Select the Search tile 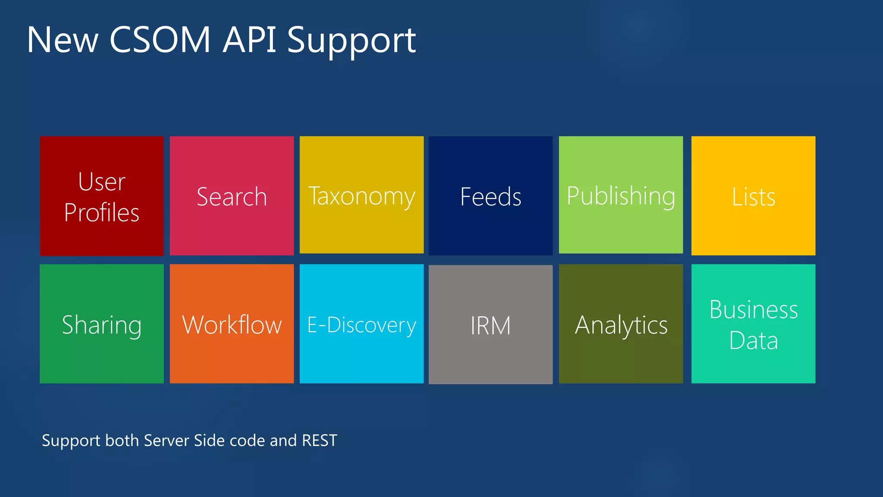(232, 196)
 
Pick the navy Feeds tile (491, 196)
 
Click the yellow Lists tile (753, 196)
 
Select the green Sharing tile (102, 324)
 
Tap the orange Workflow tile (232, 324)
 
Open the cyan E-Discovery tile (361, 324)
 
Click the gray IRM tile (491, 324)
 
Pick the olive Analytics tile (621, 324)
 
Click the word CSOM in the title (160, 40)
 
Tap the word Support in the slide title (351, 41)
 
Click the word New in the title (63, 40)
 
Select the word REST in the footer (319, 440)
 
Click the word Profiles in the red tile (102, 212)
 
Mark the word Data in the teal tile (753, 340)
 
